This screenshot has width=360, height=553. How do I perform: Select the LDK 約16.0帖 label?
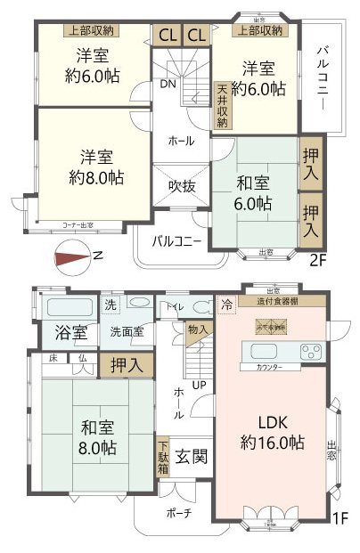pos(272,432)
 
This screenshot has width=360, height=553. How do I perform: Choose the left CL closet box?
pos(167,35)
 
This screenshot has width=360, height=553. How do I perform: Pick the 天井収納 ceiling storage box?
pos(222,105)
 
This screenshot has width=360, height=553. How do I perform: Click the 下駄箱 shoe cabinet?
pos(163,457)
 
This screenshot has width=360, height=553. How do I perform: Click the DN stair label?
pos(168,85)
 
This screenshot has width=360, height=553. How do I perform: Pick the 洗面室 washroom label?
pos(127,332)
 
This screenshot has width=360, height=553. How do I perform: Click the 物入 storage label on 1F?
pos(200,331)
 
